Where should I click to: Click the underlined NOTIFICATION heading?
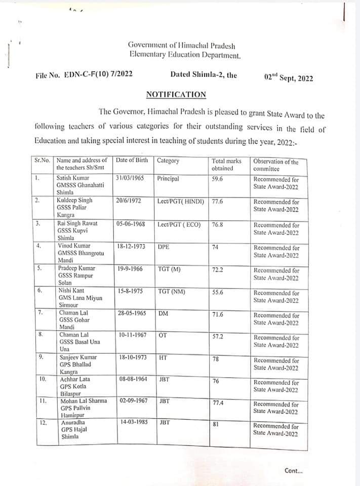pos(176,95)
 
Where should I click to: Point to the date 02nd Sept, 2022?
pos(289,78)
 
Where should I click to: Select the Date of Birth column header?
pos(132,160)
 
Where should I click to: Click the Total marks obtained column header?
pos(226,165)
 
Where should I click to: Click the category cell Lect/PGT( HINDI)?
pos(181,201)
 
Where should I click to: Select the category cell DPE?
pos(164,247)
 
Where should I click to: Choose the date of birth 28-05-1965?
pos(132,313)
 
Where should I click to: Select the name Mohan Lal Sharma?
pos(84,400)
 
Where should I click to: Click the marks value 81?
pos(215,424)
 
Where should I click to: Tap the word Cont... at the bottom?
pos(294,471)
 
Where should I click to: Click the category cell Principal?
pos(168,179)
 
